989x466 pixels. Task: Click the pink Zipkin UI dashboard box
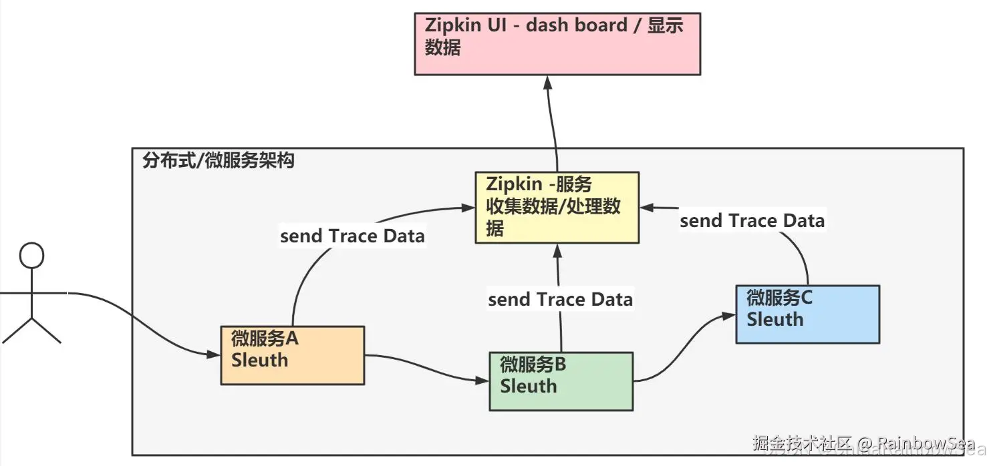[x=557, y=44]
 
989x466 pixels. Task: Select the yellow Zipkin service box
[x=557, y=207]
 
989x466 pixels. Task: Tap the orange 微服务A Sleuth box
[x=292, y=355]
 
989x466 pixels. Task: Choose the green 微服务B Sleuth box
[x=561, y=381]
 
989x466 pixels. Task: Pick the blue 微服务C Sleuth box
[x=807, y=314]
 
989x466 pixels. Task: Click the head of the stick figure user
[x=31, y=256]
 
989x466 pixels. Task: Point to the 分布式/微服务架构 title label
[x=218, y=161]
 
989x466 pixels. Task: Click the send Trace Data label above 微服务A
[x=352, y=236]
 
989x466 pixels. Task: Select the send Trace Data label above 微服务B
[x=560, y=299]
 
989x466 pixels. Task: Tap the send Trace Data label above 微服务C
[x=752, y=221]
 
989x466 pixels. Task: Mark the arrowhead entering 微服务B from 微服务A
[x=482, y=381]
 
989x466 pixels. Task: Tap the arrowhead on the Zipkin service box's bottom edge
[x=557, y=250]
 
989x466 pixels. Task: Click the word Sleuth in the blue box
[x=774, y=319]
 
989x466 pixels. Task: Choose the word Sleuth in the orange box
[x=259, y=360]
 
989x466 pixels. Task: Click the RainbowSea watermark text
[x=922, y=443]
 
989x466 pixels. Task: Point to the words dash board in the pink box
[x=577, y=26]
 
